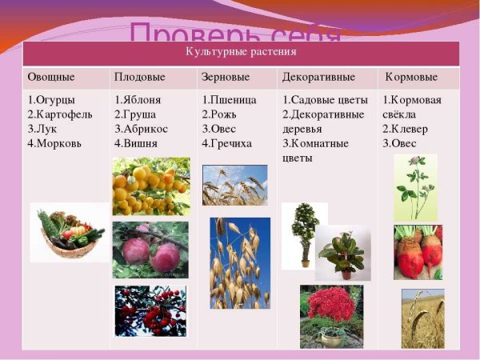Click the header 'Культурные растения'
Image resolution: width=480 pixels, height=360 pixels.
[240, 52]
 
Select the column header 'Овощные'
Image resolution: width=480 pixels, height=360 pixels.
[51, 77]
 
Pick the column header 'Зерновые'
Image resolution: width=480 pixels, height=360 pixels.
[226, 77]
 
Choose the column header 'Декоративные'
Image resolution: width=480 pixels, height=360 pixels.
[318, 77]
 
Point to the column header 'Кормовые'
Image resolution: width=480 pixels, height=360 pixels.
[411, 77]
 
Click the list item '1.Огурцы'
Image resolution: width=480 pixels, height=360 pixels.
[51, 100]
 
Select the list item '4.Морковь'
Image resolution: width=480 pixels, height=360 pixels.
[55, 143]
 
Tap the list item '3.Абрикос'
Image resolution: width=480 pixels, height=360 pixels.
[142, 129]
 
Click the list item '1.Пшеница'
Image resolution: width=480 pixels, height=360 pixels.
[229, 100]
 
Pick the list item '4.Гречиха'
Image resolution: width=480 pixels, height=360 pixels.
[226, 143]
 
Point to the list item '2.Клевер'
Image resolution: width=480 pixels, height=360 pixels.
[405, 129]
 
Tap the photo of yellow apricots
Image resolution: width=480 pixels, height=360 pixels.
[150, 186]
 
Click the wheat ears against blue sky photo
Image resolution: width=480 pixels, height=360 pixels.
[234, 185]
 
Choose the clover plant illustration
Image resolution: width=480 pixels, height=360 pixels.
[415, 187]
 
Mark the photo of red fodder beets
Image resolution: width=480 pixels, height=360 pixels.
[418, 251]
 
